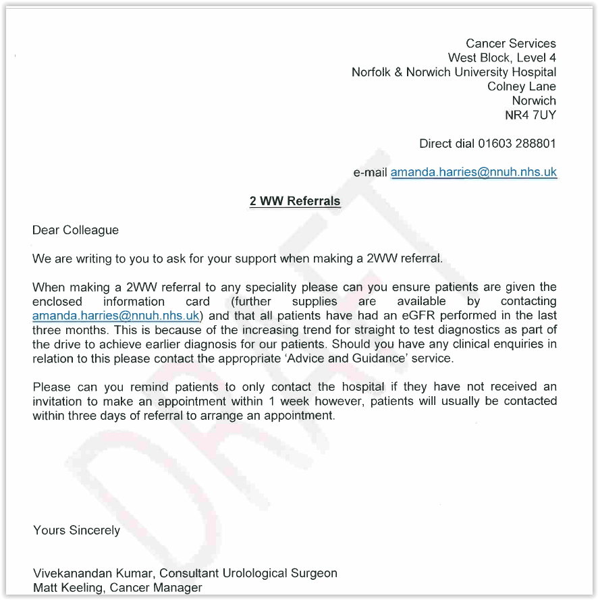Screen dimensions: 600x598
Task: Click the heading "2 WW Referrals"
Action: click(x=295, y=201)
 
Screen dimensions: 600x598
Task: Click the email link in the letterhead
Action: click(x=473, y=172)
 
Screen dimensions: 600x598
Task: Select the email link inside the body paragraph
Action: click(x=116, y=316)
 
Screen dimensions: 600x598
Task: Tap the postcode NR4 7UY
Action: click(x=531, y=115)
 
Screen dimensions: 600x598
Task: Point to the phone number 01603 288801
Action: click(x=517, y=144)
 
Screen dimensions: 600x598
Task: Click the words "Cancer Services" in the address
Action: click(x=510, y=44)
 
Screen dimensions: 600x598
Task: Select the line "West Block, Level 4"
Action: click(x=501, y=58)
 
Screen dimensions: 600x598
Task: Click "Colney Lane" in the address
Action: click(x=522, y=86)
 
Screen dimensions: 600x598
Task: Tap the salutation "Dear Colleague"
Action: click(x=76, y=230)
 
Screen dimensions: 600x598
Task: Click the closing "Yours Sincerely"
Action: click(x=76, y=530)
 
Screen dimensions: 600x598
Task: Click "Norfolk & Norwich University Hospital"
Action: click(x=454, y=72)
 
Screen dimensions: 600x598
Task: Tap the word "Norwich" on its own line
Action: click(x=534, y=101)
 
